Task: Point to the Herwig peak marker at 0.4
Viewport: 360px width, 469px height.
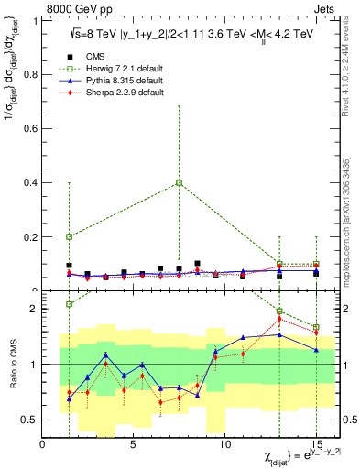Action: (180, 182)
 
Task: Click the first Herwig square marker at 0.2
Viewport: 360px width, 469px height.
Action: (70, 236)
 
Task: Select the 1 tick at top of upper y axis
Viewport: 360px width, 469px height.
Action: (36, 19)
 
